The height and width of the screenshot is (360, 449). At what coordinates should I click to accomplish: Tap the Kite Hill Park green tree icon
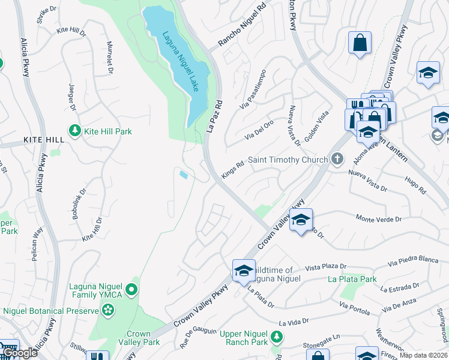click(75, 131)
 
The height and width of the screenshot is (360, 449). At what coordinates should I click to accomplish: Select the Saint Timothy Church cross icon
click(337, 159)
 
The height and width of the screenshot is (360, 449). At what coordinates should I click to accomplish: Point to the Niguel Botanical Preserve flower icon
click(108, 310)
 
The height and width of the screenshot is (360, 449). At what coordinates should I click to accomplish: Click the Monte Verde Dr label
click(378, 219)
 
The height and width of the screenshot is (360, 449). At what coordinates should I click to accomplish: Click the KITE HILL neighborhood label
click(43, 139)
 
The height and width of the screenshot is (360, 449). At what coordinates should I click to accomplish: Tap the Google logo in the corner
click(20, 353)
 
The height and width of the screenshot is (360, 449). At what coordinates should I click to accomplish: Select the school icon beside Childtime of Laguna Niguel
click(244, 271)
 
